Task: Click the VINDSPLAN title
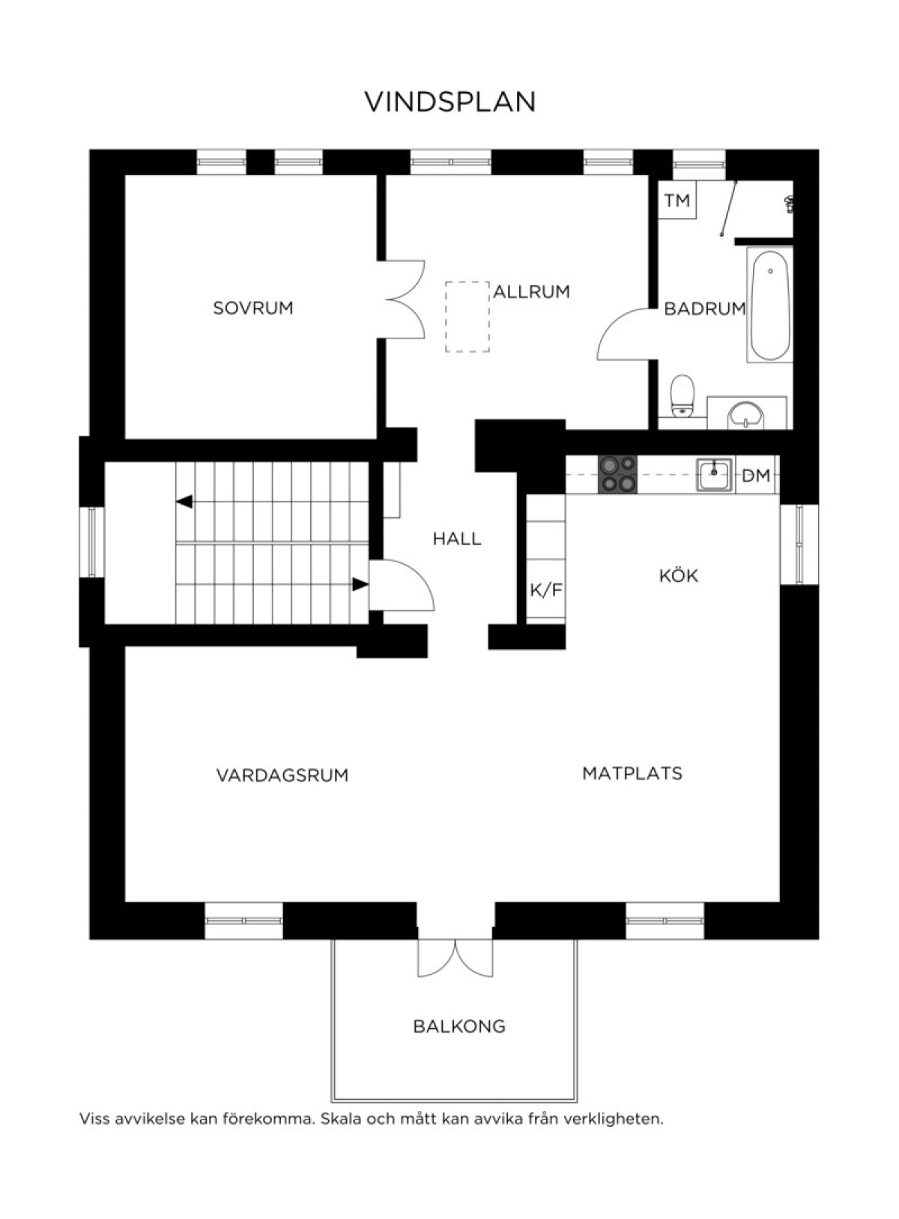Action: pos(450,102)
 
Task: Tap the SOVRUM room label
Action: pos(253,308)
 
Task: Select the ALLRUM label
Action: pos(531,292)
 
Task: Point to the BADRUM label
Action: pos(705,308)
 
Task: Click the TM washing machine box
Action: pos(677,200)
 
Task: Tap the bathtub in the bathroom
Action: pos(769,305)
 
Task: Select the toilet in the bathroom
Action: pos(682,395)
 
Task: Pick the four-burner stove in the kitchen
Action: pos(617,475)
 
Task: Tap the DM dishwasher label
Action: pos(756,475)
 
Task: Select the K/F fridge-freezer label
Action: pos(545,590)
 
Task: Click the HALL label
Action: pos(457,539)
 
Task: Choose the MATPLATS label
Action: pos(632,773)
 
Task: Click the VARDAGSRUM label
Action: pos(282,775)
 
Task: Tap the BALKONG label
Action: pos(459,1027)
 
